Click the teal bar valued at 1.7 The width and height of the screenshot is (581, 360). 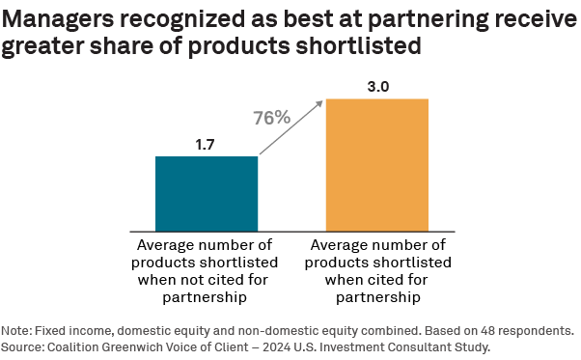(207, 192)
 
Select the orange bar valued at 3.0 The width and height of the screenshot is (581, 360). (376, 163)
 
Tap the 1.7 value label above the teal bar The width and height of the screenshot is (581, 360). (207, 145)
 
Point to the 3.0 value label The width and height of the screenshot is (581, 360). (376, 87)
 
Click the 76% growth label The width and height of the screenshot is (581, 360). (272, 118)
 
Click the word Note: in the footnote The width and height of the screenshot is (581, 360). (19, 328)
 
